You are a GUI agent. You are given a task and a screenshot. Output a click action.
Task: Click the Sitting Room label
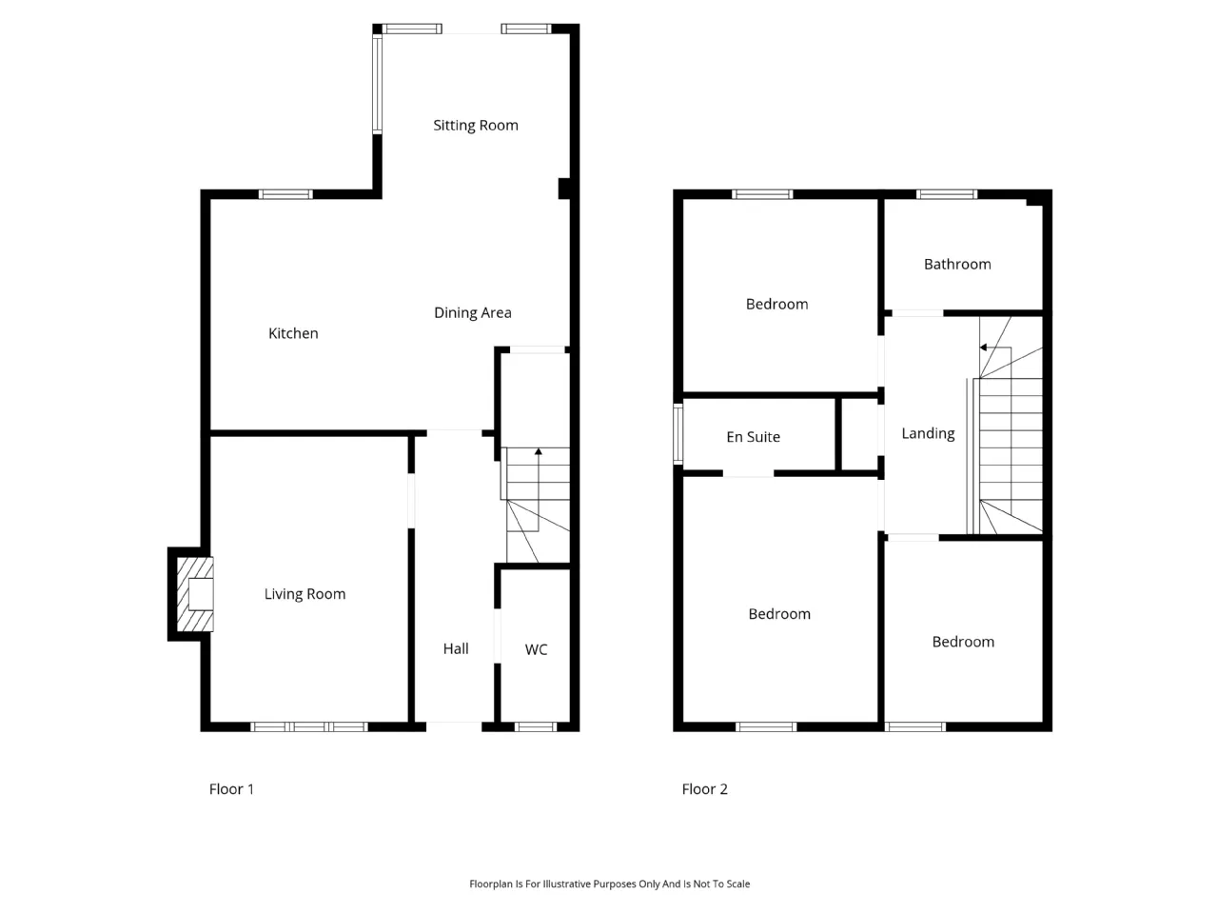click(476, 126)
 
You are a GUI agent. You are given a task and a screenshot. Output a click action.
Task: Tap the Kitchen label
click(293, 333)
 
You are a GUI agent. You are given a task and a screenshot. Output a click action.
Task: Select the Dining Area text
click(472, 313)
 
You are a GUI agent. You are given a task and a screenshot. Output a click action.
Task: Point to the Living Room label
click(304, 594)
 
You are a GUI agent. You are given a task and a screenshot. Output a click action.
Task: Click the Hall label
click(456, 648)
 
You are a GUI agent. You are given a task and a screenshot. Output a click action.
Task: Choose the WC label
click(536, 649)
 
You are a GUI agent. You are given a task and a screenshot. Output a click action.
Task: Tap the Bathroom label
click(957, 264)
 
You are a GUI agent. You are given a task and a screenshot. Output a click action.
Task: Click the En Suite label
click(753, 437)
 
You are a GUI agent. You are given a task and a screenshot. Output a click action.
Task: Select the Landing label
click(928, 433)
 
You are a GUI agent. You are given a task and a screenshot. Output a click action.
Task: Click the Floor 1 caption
click(231, 788)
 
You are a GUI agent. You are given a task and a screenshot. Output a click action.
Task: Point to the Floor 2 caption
click(704, 788)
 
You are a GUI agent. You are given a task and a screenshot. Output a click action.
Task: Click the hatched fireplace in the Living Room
click(195, 594)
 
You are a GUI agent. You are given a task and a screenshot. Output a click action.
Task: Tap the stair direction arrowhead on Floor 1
click(539, 451)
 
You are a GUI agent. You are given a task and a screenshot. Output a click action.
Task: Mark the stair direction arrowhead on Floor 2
click(983, 348)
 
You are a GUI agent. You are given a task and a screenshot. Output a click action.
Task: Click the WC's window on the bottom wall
click(536, 727)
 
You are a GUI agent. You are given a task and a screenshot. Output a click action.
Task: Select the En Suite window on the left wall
click(678, 434)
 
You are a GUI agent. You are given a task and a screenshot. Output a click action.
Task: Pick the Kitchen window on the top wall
click(285, 194)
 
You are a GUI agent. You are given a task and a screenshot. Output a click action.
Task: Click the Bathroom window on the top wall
click(947, 194)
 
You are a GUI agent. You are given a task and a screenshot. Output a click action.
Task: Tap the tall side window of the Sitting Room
click(378, 84)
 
